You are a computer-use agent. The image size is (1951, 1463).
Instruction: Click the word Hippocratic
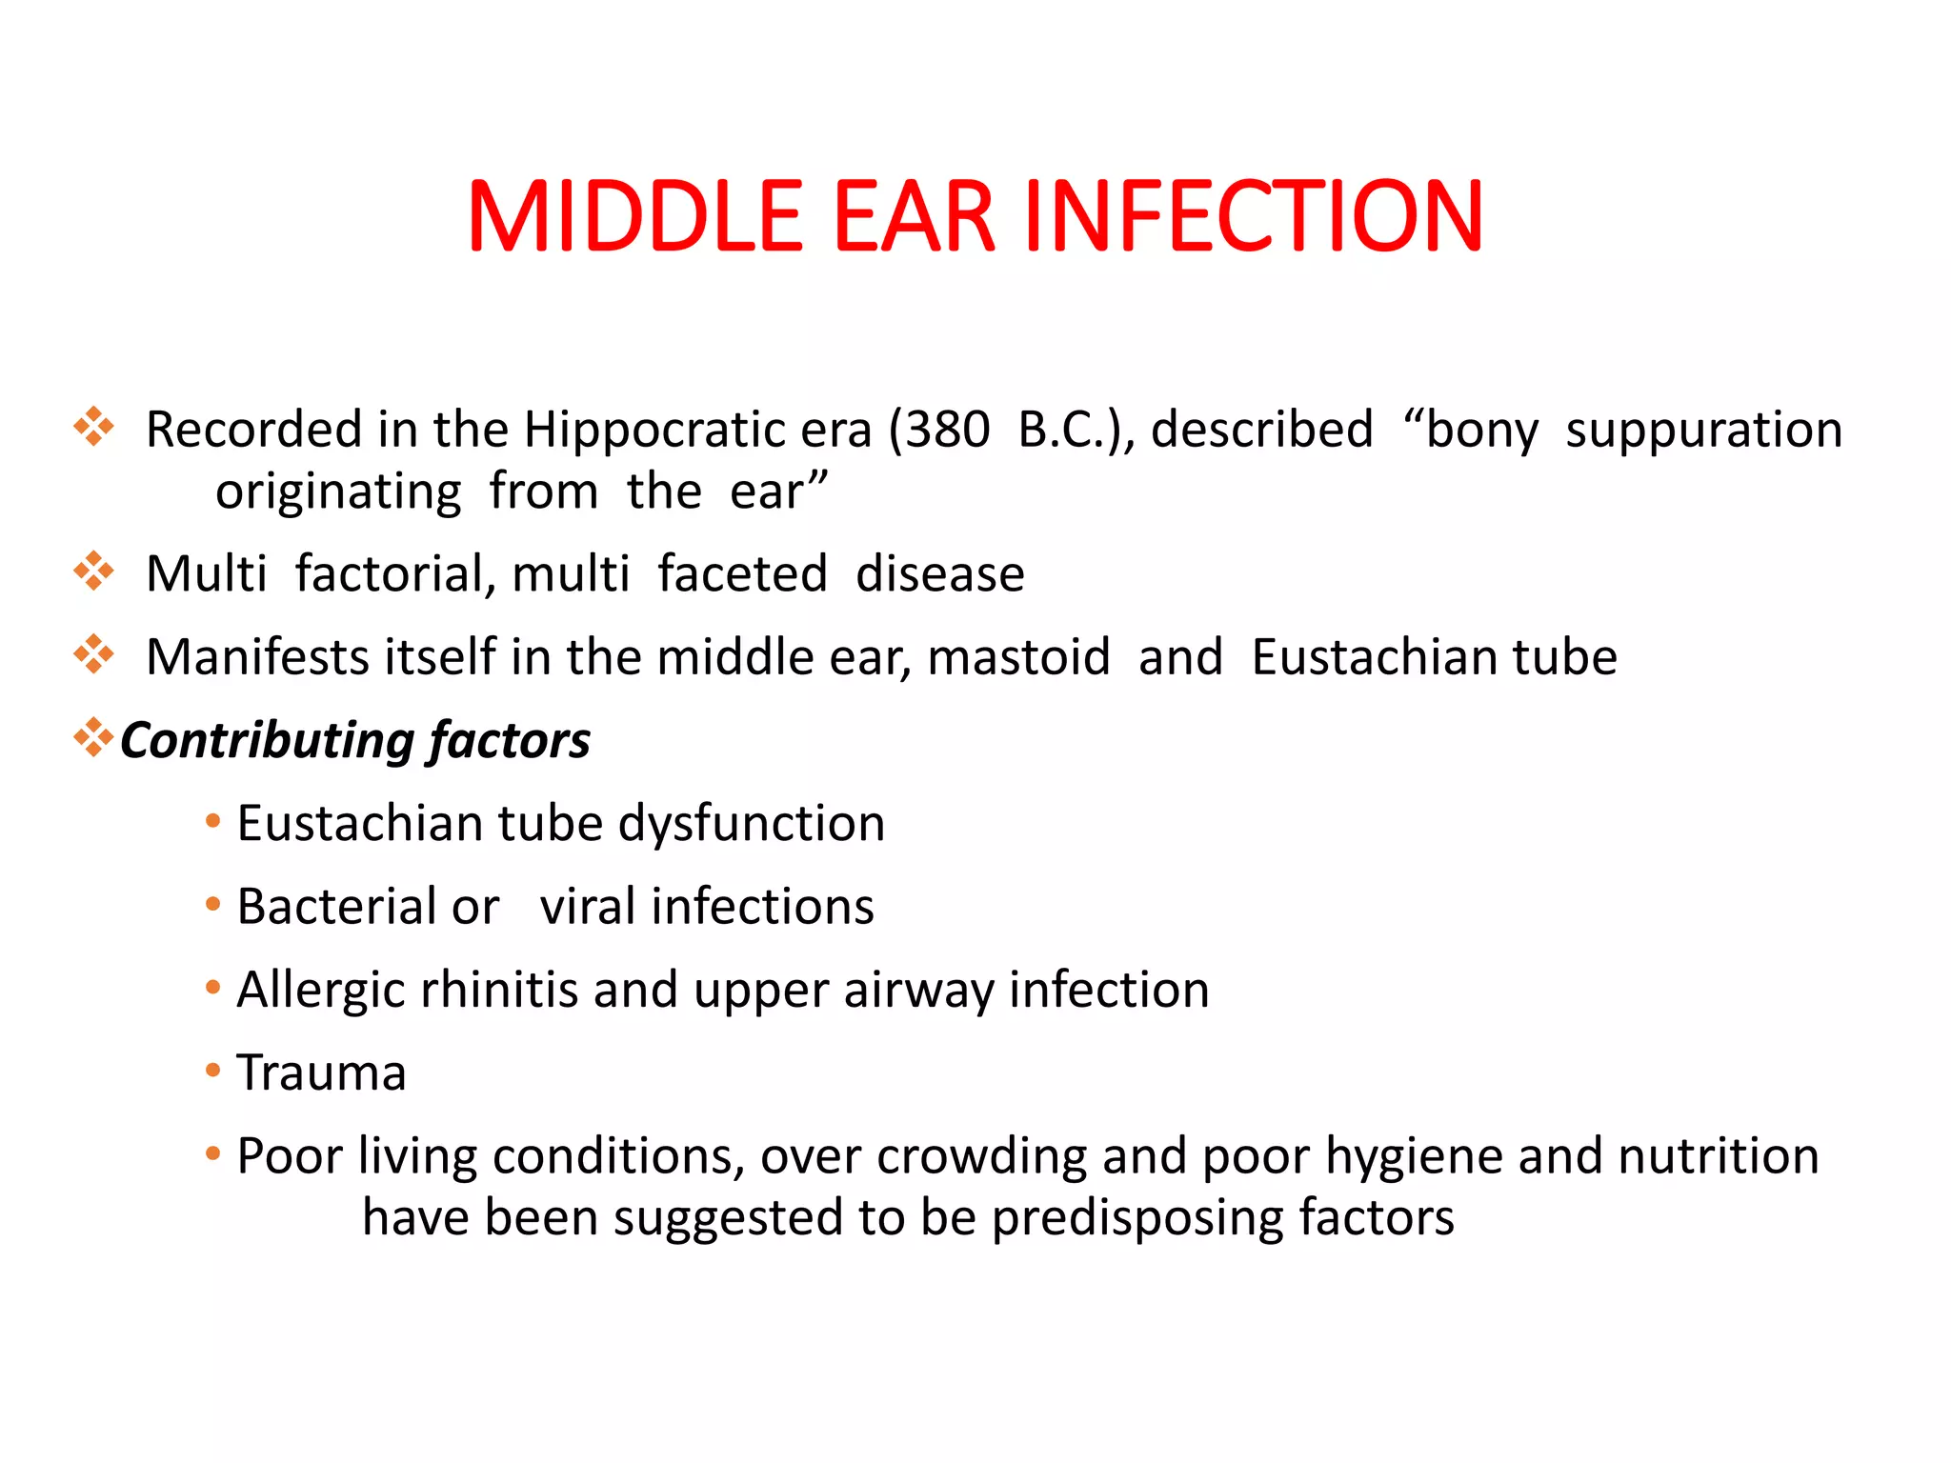(697, 431)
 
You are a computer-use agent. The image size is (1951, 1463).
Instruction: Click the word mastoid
(1018, 657)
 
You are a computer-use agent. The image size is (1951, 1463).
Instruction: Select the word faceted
(742, 574)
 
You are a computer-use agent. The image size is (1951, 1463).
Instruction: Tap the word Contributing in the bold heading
(266, 741)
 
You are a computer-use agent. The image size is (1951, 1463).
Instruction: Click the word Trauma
(321, 1072)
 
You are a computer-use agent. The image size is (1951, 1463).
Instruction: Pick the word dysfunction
(752, 824)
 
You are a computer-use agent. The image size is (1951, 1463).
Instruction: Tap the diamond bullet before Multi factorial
(93, 571)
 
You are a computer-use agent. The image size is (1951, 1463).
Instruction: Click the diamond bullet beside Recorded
(93, 427)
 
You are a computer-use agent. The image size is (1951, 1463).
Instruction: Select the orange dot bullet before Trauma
(212, 1071)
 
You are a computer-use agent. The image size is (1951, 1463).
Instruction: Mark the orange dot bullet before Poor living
(212, 1154)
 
